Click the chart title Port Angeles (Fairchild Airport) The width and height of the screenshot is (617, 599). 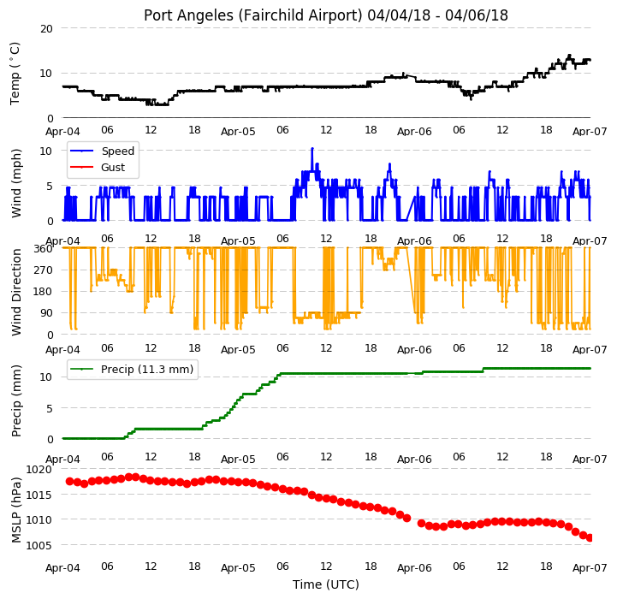click(252, 15)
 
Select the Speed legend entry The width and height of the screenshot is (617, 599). click(102, 151)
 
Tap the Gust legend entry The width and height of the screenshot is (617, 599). click(97, 167)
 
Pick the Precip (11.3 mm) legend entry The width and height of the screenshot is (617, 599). click(132, 369)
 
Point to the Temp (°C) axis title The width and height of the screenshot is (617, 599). click(15, 74)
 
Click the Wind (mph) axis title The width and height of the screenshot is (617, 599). click(15, 183)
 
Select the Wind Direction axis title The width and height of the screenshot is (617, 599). click(16, 292)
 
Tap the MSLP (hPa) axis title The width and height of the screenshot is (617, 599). click(15, 510)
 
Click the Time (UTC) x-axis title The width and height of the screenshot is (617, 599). click(326, 584)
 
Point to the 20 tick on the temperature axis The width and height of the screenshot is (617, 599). click(46, 29)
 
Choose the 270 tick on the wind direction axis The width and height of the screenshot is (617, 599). click(44, 270)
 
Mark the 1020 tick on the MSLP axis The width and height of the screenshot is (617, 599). click(39, 470)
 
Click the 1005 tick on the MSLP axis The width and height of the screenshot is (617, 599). click(39, 545)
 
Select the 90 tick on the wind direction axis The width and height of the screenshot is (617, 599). click(47, 313)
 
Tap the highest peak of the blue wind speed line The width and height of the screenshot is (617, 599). click(312, 148)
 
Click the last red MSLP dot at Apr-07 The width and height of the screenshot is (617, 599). click(590, 537)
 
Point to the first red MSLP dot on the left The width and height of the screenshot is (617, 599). click(70, 481)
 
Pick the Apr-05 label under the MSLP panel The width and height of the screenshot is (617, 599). click(238, 568)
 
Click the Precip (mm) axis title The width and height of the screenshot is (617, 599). click(15, 401)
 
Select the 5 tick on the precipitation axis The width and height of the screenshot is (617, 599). click(50, 408)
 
